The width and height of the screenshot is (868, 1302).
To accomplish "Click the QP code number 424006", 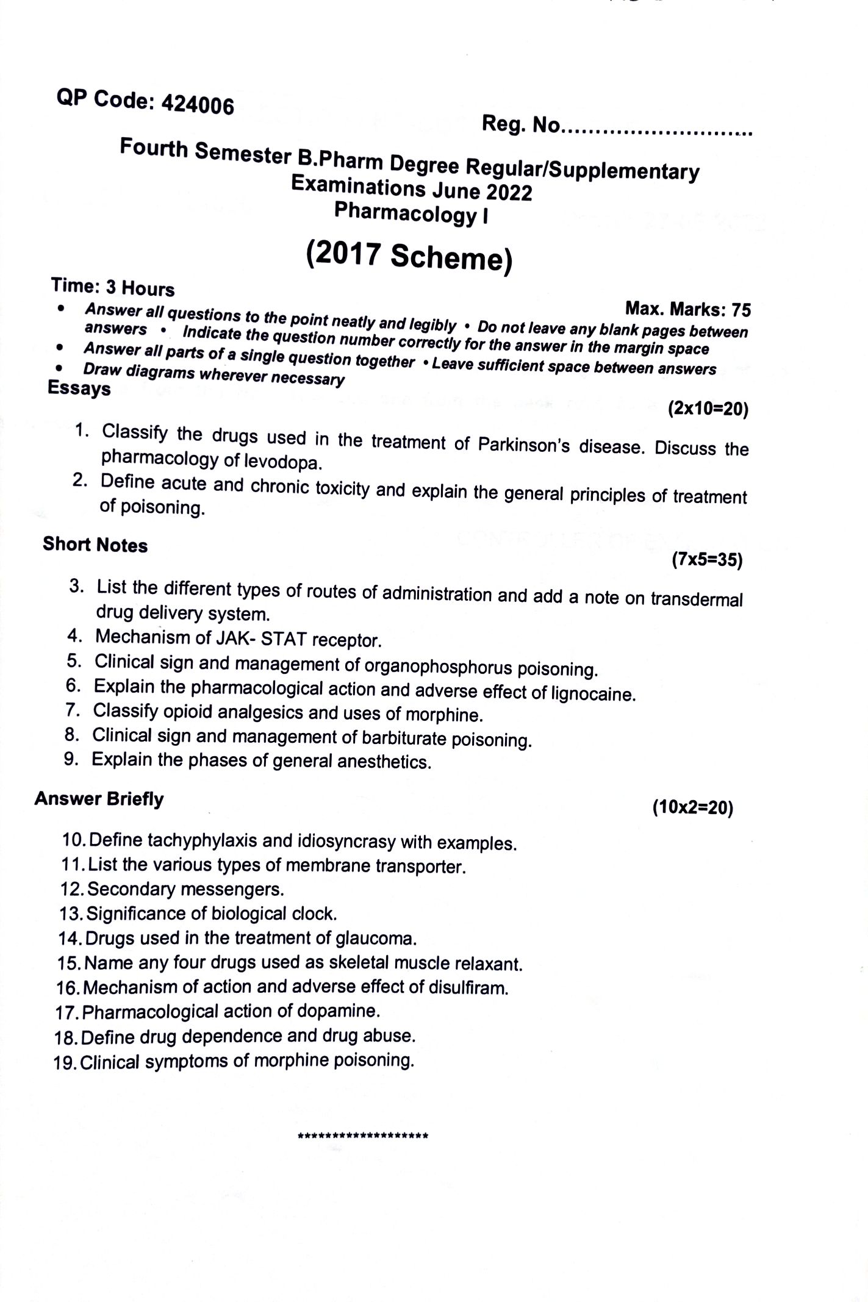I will [x=198, y=106].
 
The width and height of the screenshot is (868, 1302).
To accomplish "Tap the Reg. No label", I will [x=520, y=125].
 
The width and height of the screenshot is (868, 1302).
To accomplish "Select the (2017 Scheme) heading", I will [x=409, y=256].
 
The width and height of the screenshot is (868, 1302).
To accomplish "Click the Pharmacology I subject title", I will [x=411, y=213].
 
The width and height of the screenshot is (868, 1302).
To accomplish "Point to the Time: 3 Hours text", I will [x=113, y=287].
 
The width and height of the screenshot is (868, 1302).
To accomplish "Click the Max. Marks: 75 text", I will [x=688, y=309].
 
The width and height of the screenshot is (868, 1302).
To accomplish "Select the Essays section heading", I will [x=79, y=388].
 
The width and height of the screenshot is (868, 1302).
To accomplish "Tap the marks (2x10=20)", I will [x=708, y=409].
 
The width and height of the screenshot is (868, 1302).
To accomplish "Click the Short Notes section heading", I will [x=95, y=545].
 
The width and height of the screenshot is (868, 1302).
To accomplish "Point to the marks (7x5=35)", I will [x=707, y=559].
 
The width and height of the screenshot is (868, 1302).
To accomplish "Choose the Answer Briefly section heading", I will [x=99, y=799].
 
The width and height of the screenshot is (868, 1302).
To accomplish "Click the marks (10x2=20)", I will [x=692, y=808].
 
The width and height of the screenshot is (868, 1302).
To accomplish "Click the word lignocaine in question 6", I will [x=592, y=694].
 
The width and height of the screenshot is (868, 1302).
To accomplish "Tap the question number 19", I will [x=65, y=1063].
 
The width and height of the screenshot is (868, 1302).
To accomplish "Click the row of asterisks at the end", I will [x=362, y=1136].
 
